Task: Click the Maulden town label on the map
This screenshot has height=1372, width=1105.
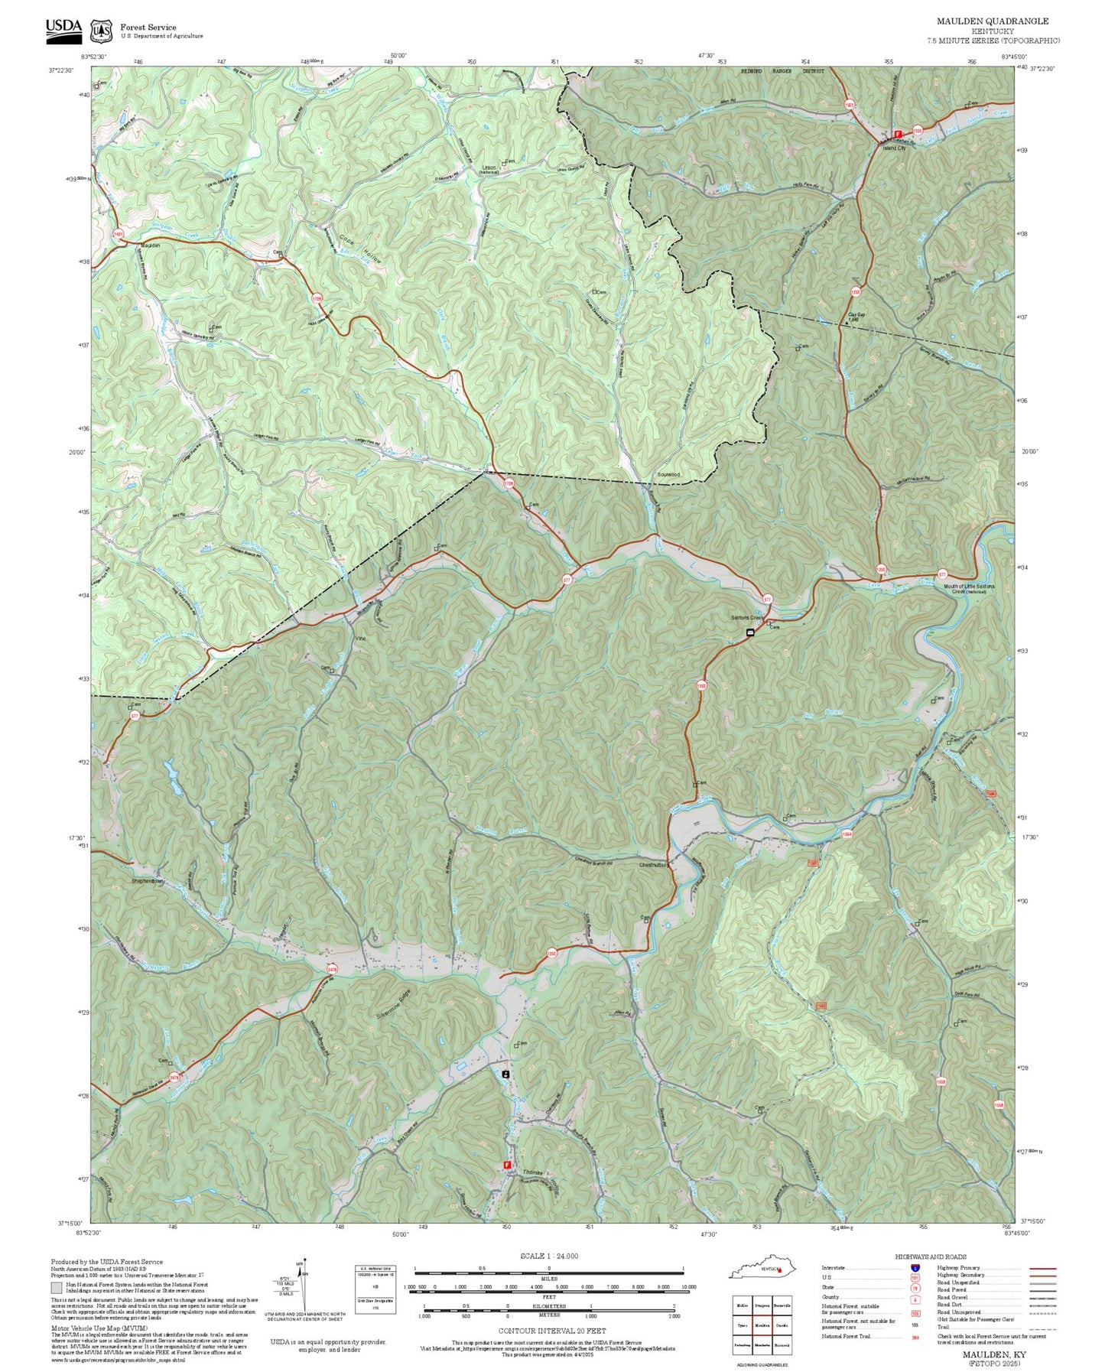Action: coord(151,245)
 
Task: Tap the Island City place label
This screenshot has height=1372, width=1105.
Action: coord(893,148)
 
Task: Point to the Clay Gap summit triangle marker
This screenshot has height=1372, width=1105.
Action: coord(846,323)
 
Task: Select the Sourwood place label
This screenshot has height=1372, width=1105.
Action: coord(668,474)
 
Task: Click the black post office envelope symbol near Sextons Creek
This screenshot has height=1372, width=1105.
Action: coord(750,632)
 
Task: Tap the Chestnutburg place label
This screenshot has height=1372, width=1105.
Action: coord(654,865)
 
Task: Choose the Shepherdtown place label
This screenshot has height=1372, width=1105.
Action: coord(148,881)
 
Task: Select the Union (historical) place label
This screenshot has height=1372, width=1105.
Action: coord(489,169)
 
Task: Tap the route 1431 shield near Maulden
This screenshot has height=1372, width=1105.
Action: coord(118,234)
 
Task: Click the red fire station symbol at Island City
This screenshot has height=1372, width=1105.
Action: coord(898,134)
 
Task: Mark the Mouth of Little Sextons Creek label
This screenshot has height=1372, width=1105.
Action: coord(969,588)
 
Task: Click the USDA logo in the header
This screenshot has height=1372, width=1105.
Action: coord(63,27)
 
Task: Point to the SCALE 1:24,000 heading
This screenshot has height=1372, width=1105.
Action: coord(548,1256)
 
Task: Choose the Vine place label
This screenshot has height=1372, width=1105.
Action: coord(359,638)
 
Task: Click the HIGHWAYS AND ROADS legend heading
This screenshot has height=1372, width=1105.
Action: coord(930,1257)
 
